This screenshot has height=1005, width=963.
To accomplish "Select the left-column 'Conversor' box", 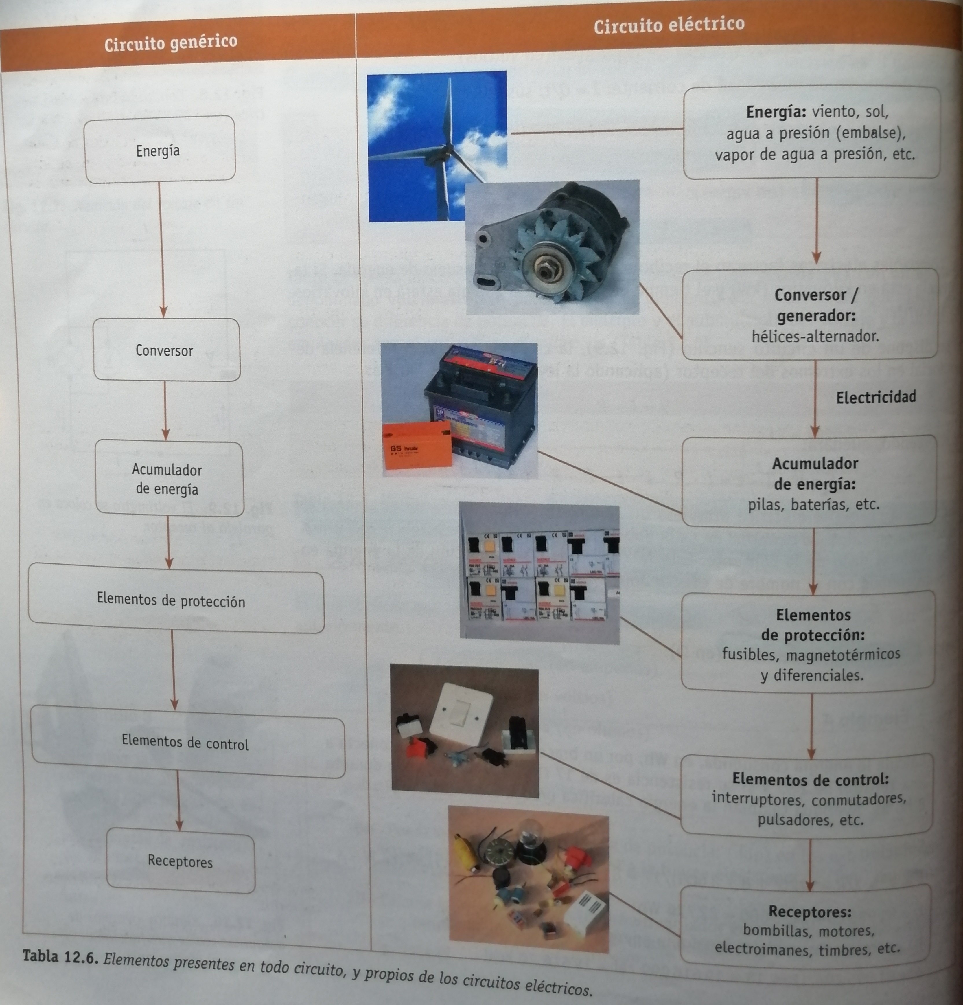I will pyautogui.click(x=165, y=350).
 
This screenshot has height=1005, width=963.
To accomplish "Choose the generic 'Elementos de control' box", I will pyautogui.click(x=185, y=742).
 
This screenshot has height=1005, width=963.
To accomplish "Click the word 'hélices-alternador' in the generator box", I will pyautogui.click(x=815, y=336).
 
